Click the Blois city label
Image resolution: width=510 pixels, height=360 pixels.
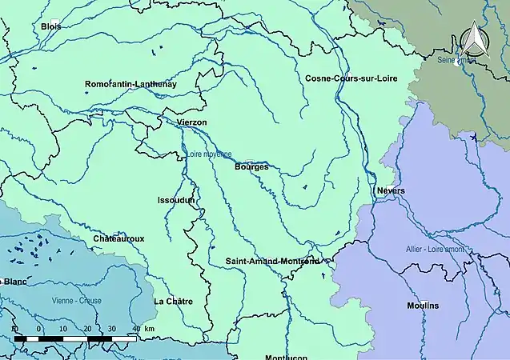tap(50, 26)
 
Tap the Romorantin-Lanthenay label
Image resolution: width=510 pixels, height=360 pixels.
tap(131, 84)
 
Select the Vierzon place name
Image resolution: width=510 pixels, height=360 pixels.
tap(191, 122)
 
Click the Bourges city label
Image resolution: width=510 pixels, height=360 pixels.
tap(251, 167)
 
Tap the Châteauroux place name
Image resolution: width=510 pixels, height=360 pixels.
tap(118, 238)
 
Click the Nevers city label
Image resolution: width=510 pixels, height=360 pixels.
tap(391, 190)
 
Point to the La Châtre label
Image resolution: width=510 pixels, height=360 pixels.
tap(172, 302)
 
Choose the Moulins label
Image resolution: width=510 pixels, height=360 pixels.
tap(423, 306)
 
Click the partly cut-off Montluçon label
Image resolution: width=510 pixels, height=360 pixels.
tap(287, 356)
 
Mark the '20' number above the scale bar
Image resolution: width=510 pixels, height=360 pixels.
tap(86, 329)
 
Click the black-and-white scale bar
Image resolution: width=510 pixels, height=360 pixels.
tap(76, 339)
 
